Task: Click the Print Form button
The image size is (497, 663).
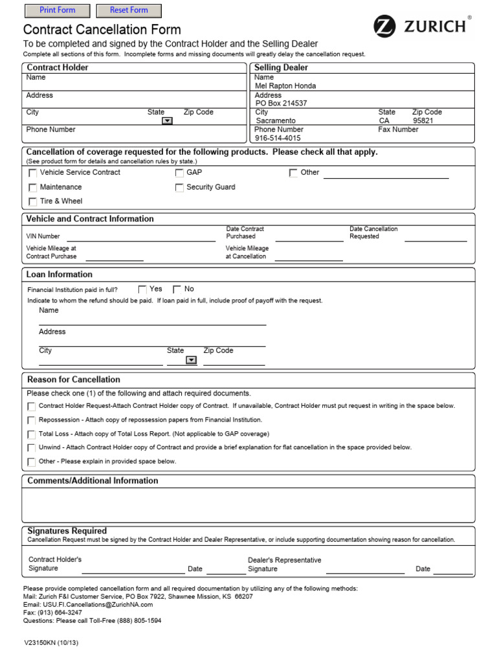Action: (x=57, y=10)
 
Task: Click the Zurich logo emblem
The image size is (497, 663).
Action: (x=384, y=27)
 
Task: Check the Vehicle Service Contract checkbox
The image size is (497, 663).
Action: (x=33, y=173)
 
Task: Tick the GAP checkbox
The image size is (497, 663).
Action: (x=179, y=173)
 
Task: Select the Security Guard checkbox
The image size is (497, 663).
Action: (x=179, y=188)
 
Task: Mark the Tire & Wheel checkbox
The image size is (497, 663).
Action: (x=33, y=202)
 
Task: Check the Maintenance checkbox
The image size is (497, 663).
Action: (x=33, y=188)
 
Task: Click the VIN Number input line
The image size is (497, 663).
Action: (x=140, y=237)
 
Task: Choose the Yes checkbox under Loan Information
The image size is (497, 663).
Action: (x=142, y=289)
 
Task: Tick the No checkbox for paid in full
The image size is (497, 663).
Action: (x=177, y=289)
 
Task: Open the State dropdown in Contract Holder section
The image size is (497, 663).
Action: (x=167, y=120)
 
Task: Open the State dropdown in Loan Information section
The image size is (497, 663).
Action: (x=191, y=361)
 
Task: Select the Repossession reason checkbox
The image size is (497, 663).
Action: (x=31, y=420)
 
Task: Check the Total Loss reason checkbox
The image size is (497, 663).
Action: (x=31, y=434)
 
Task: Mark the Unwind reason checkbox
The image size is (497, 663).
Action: (x=31, y=448)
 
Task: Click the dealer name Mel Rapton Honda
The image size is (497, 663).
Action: (x=285, y=85)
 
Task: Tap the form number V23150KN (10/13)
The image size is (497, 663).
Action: (x=51, y=643)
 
